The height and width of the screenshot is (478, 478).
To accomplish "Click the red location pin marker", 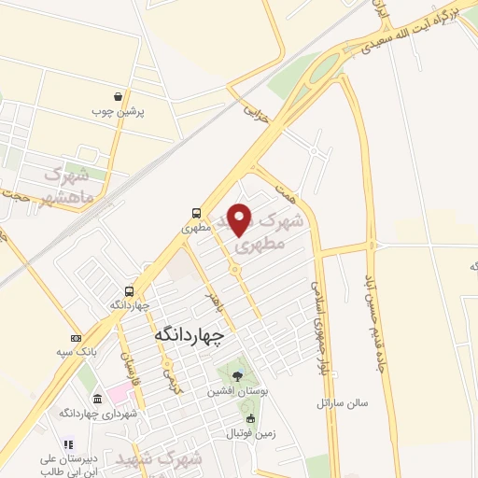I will click(240, 219).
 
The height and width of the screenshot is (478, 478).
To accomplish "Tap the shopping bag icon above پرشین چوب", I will click(117, 95).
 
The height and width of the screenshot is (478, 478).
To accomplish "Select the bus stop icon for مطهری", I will click(196, 212).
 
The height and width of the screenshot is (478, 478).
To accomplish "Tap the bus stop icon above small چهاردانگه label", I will click(130, 289).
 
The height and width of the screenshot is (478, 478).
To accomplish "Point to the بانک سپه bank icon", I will click(76, 337).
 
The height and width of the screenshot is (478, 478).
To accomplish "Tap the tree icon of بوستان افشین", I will click(238, 376).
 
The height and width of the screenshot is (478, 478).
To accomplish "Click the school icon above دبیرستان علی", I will click(66, 444).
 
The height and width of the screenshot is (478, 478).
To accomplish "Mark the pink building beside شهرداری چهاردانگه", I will click(119, 388).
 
